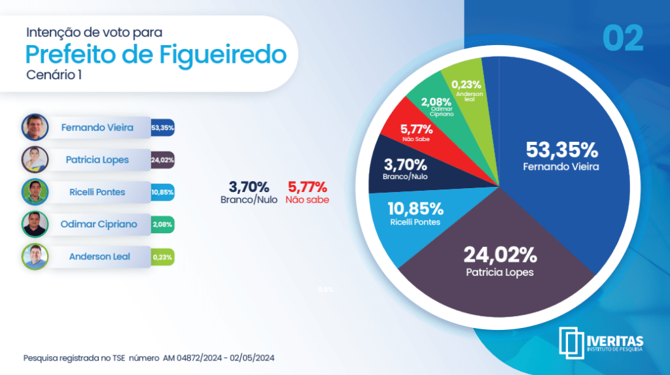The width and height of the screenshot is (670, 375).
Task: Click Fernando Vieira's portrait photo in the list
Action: click(x=34, y=127)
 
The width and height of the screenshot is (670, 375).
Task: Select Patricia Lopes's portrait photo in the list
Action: click(x=34, y=159)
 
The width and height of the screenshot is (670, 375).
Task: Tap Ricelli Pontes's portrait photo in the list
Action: click(x=34, y=192)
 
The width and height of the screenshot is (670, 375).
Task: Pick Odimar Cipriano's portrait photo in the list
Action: click(x=34, y=224)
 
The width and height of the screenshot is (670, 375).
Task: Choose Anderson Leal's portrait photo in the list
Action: click(x=34, y=257)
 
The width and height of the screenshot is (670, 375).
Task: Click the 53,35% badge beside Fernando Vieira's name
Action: click(x=162, y=128)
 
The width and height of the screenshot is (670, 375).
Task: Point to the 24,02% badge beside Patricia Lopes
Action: click(x=162, y=160)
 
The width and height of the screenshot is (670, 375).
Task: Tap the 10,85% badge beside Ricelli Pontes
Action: click(x=162, y=192)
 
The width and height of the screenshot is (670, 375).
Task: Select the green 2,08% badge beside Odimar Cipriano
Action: click(x=162, y=225)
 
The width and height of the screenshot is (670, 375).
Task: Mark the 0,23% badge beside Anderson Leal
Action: click(x=162, y=257)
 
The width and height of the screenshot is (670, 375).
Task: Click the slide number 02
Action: click(x=622, y=39)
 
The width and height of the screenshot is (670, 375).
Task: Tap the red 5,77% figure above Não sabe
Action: click(x=307, y=187)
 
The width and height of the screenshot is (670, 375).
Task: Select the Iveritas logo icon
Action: click(x=572, y=342)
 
